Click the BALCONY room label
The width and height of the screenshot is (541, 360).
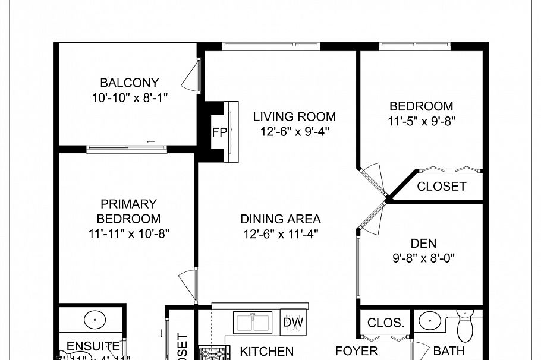pos(130,83)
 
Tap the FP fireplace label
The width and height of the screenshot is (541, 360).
pos(219,132)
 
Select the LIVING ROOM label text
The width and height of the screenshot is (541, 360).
pos(294,116)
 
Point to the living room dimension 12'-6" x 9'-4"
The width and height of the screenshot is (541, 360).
pos(294,131)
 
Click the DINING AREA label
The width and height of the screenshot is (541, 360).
pos(281,219)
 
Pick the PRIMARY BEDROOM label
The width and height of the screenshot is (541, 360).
pos(128,211)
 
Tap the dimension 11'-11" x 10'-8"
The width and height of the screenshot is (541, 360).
pos(128,233)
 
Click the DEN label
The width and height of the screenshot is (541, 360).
pos(423,243)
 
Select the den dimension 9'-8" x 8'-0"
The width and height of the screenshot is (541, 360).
pos(423,258)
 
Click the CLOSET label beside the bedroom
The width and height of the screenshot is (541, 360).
pos(441,187)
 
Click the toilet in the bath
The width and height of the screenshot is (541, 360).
pos(464,324)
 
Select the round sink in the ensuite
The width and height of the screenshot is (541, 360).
pos(93,319)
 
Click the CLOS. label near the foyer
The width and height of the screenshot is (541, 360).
pos(386,324)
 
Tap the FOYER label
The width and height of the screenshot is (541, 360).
pos(357,351)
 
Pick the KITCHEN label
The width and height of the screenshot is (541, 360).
pos(266,352)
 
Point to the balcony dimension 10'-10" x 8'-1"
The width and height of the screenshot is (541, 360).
pos(130,97)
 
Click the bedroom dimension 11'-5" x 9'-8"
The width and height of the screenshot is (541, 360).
pos(421,121)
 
